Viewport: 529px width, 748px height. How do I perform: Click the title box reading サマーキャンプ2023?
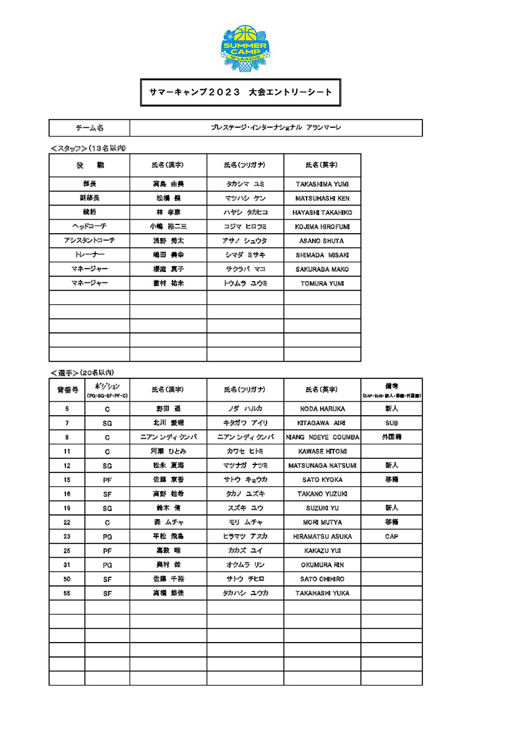click(240, 92)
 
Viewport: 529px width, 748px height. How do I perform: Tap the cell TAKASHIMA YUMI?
click(322, 184)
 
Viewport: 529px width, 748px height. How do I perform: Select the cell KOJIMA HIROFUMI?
click(322, 226)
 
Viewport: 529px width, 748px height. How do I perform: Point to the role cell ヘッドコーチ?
click(89, 226)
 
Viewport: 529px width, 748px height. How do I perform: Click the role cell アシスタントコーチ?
click(89, 241)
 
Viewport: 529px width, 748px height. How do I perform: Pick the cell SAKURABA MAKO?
click(322, 269)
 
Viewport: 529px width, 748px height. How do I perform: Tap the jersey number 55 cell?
click(67, 593)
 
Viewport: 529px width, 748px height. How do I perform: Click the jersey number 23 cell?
click(67, 537)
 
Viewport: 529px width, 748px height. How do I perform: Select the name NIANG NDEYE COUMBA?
click(322, 437)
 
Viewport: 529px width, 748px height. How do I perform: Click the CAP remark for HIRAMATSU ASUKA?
click(391, 537)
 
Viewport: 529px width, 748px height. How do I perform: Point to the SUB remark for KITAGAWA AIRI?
click(391, 423)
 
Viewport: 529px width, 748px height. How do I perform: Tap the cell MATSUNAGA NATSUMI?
click(322, 466)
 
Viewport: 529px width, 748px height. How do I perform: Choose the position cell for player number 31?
click(107, 565)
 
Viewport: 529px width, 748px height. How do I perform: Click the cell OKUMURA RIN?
click(322, 565)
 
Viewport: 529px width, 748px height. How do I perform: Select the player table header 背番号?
click(67, 390)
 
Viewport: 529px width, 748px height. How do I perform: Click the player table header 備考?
click(391, 390)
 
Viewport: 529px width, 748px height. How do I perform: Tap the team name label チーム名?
click(89, 128)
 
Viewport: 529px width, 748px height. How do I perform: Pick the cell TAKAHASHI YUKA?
click(322, 593)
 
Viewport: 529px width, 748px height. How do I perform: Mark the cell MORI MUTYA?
click(322, 522)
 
